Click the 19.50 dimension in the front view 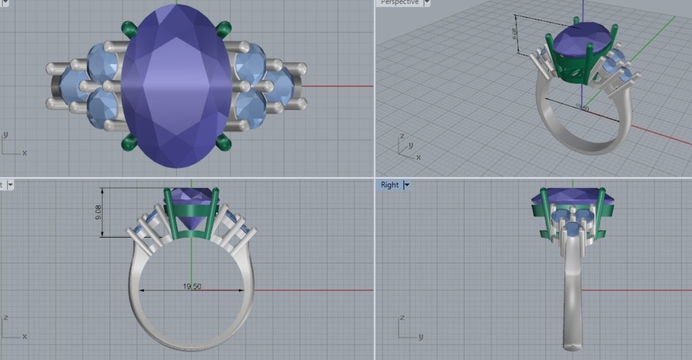[x=192, y=287]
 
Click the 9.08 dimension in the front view [x=98, y=212]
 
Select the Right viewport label [x=389, y=185]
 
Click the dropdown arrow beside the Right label [x=407, y=185]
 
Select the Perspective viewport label [x=400, y=3]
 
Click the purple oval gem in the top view [x=176, y=85]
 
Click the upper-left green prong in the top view [x=129, y=28]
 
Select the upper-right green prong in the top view [x=224, y=29]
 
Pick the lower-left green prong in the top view [x=129, y=143]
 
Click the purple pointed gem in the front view [x=192, y=211]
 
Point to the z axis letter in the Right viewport [x=402, y=318]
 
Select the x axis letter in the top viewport [x=24, y=153]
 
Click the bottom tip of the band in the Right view [x=572, y=347]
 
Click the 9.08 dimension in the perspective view [x=514, y=34]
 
